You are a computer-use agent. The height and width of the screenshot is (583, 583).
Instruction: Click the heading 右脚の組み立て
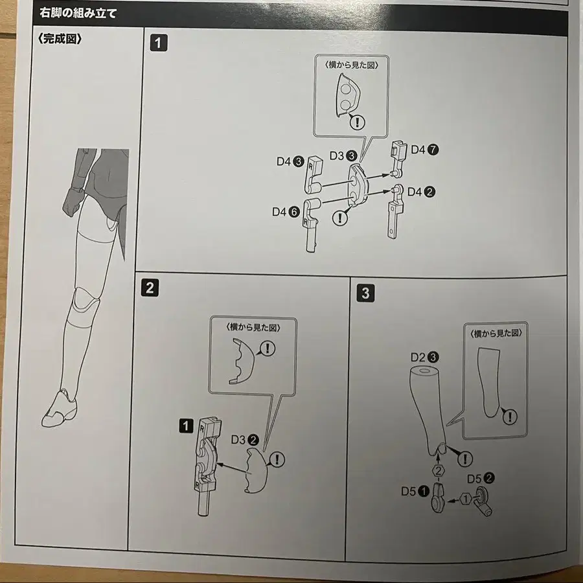click(78, 12)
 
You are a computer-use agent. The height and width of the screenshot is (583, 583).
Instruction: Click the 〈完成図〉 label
click(60, 38)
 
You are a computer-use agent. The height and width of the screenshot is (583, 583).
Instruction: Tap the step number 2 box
click(150, 288)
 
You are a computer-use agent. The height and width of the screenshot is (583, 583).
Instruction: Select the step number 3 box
click(365, 293)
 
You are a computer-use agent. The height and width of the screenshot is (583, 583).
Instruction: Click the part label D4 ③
click(288, 162)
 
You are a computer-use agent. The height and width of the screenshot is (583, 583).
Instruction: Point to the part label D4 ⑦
click(424, 150)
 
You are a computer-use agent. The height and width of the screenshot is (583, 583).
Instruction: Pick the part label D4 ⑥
click(284, 212)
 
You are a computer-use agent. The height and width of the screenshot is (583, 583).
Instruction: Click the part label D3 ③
click(343, 155)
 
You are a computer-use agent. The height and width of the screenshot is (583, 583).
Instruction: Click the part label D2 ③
click(425, 357)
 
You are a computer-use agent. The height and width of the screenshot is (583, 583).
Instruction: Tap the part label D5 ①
click(413, 490)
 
